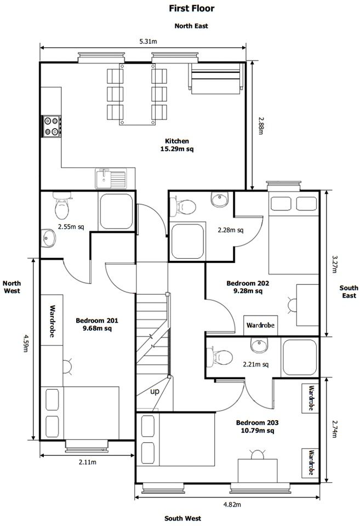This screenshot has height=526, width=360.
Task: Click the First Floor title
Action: [191, 8]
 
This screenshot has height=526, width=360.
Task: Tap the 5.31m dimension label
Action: [148, 42]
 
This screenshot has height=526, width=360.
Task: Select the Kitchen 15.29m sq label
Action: [177, 145]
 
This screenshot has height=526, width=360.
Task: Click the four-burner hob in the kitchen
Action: [52, 126]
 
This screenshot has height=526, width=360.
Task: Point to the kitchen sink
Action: [111, 179]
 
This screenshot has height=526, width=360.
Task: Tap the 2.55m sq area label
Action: [71, 226]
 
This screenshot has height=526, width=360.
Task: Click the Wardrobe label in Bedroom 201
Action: [53, 321]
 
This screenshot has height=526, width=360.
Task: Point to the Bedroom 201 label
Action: [97, 324]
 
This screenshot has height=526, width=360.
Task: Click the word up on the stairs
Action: [155, 391]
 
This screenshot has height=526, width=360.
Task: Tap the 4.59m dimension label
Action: [26, 343]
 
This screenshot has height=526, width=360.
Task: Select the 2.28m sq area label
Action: [231, 230]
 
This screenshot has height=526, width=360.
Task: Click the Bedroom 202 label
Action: [248, 287]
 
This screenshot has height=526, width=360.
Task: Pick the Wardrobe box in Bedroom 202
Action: [261, 325]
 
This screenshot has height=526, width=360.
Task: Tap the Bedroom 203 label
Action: [258, 426]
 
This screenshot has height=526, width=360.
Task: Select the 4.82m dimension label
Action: [232, 504]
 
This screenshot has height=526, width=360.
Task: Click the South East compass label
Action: [349, 291]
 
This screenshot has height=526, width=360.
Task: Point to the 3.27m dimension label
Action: [334, 264]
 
